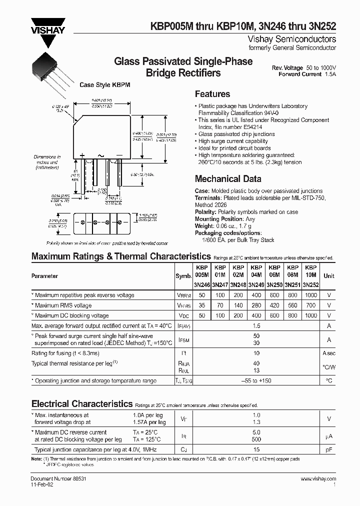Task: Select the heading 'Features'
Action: click(x=212, y=94)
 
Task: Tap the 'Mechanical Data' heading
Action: click(x=227, y=179)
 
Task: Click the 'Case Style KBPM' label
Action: click(x=105, y=85)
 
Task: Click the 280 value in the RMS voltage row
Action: click(x=256, y=305)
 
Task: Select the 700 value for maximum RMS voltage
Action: click(x=310, y=305)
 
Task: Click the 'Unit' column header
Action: click(x=329, y=276)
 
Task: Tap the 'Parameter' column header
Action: click(x=44, y=276)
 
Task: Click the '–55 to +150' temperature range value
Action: click(x=256, y=381)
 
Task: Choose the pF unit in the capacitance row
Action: click(x=329, y=450)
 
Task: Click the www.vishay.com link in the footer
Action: click(x=318, y=479)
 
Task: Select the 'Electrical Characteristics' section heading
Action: click(x=81, y=403)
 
